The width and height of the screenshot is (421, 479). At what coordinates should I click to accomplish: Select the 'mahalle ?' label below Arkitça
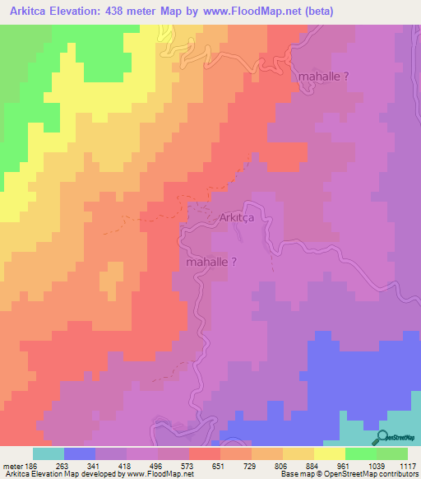[212, 263]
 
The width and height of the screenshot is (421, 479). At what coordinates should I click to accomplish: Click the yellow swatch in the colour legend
[329, 453]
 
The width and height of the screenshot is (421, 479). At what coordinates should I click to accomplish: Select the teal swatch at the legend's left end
[49, 453]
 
